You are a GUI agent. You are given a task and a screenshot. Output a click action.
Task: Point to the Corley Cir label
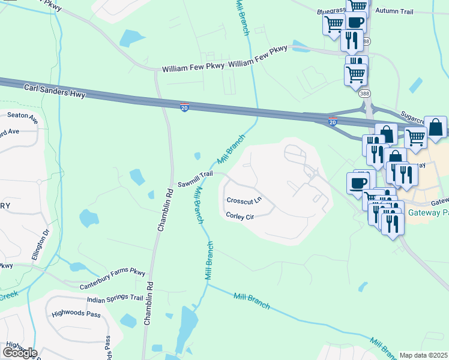pos(241,216)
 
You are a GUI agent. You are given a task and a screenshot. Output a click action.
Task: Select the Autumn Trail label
pos(394,11)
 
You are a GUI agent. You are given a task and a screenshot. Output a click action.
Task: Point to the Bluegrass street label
pos(332,11)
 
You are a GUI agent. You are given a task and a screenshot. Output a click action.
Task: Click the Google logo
pos(20,353)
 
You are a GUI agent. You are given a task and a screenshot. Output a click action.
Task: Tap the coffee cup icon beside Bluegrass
pos(356,22)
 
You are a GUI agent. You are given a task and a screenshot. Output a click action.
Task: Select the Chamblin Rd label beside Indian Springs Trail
pos(148,304)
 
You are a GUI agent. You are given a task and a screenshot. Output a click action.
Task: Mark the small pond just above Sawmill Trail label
pos(197,157)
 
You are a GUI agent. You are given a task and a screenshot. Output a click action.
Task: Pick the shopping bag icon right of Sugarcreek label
pos(436,127)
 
